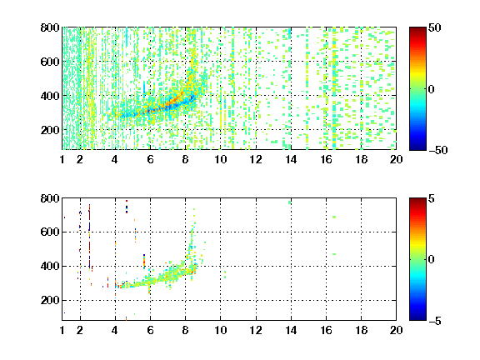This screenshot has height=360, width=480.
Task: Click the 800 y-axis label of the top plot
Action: (50, 27)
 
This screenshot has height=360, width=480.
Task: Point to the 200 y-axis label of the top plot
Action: (50, 130)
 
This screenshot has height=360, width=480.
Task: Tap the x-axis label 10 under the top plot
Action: (220, 159)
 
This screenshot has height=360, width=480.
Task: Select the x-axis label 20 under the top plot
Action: (396, 159)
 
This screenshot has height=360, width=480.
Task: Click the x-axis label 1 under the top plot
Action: (62, 159)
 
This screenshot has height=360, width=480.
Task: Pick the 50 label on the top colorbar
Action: (434, 27)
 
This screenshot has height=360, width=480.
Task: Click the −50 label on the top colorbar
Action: (437, 150)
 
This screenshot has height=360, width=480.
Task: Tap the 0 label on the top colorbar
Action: (431, 89)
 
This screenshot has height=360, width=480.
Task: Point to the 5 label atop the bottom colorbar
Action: (431, 198)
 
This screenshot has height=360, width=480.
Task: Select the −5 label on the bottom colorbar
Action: (434, 321)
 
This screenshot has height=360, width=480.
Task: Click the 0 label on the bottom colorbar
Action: (431, 260)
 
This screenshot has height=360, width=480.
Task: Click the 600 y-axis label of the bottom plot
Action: (50, 232)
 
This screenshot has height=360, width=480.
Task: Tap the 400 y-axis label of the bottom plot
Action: (50, 266)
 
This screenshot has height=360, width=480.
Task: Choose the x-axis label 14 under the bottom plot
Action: (291, 330)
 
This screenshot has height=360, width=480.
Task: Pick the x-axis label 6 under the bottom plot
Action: (150, 330)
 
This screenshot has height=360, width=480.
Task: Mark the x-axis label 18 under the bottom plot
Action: (361, 330)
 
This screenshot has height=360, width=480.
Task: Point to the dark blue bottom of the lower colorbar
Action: (417, 318)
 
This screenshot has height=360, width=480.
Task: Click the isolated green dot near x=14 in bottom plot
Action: (290, 202)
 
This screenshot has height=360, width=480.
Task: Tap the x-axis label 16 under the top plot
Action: (326, 159)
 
